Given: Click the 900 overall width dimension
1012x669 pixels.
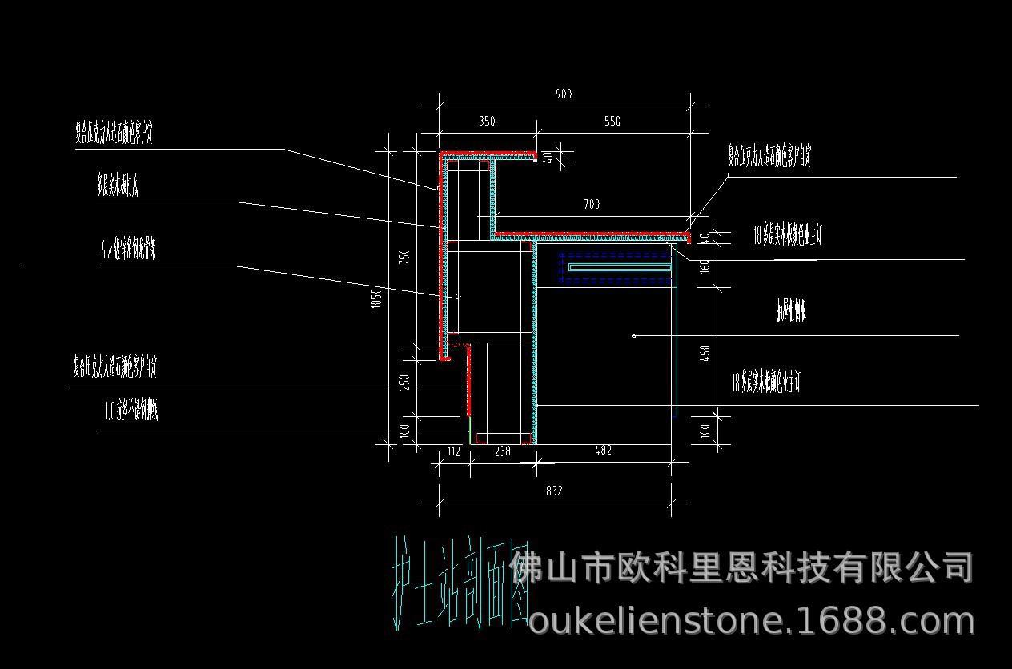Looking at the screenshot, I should pos(564,94).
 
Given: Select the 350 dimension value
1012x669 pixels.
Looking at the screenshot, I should pos(487,122).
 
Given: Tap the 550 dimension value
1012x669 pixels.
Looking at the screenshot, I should pos(612,122).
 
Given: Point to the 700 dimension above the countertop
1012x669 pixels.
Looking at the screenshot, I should pos(591,205).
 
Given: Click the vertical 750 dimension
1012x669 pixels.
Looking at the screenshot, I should pos(405,258).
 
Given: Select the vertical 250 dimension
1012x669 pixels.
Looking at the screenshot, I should pos(405,383).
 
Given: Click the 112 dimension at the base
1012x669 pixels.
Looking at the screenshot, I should pos(453,451).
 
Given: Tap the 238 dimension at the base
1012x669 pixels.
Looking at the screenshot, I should pos(502,451).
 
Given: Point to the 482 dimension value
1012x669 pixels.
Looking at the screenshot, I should pos(603,451).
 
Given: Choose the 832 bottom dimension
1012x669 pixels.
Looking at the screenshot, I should pos(554,491).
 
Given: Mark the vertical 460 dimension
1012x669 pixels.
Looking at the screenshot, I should pos(705,353).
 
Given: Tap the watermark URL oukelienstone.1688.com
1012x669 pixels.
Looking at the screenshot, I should pos(751,622).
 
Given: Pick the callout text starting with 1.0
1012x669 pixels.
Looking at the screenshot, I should pos(131,412).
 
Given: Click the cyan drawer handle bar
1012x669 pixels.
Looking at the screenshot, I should pos(618,266).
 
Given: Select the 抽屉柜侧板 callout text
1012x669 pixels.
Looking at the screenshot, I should pos(791,311).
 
